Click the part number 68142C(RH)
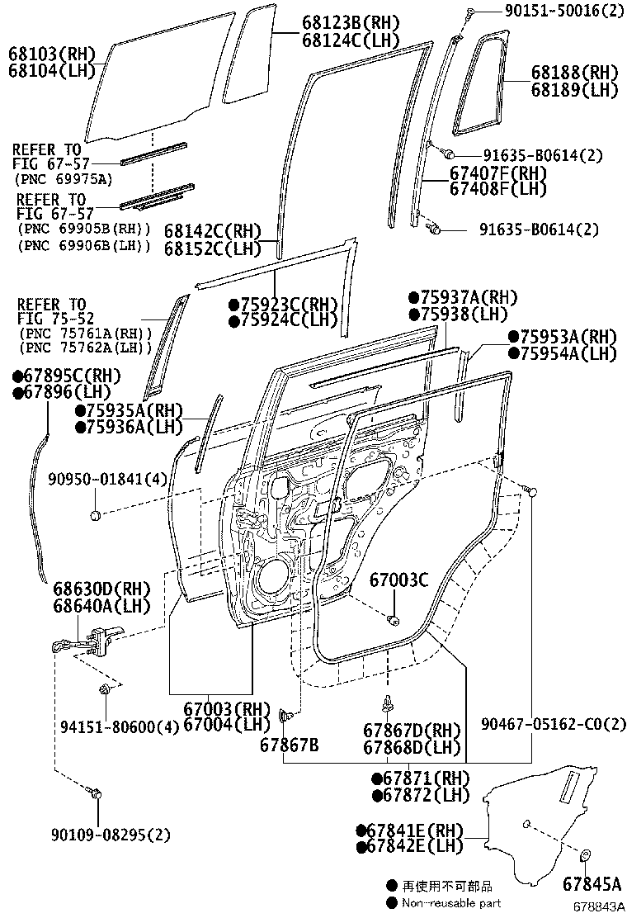pyautogui.click(x=212, y=231)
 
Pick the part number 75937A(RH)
pyautogui.click(x=469, y=297)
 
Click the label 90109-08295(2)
pyautogui.click(x=108, y=835)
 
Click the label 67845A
pyautogui.click(x=592, y=884)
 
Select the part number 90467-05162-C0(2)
pyautogui.click(x=554, y=724)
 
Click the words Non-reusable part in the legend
pyautogui.click(x=451, y=903)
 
